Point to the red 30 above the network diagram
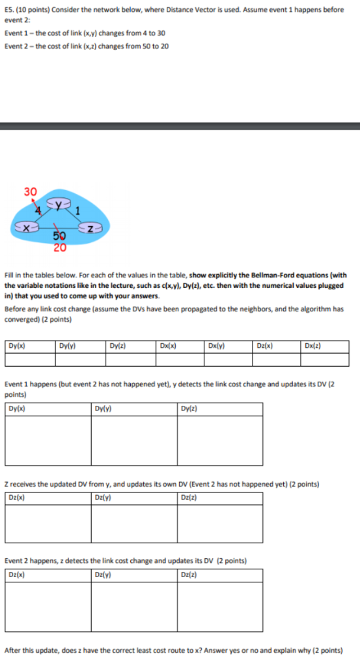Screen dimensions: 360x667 pos(31,192)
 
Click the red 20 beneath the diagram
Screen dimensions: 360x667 pos(59,248)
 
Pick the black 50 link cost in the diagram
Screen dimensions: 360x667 pos(59,237)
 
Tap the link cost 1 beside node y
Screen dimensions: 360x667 pos(77,210)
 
